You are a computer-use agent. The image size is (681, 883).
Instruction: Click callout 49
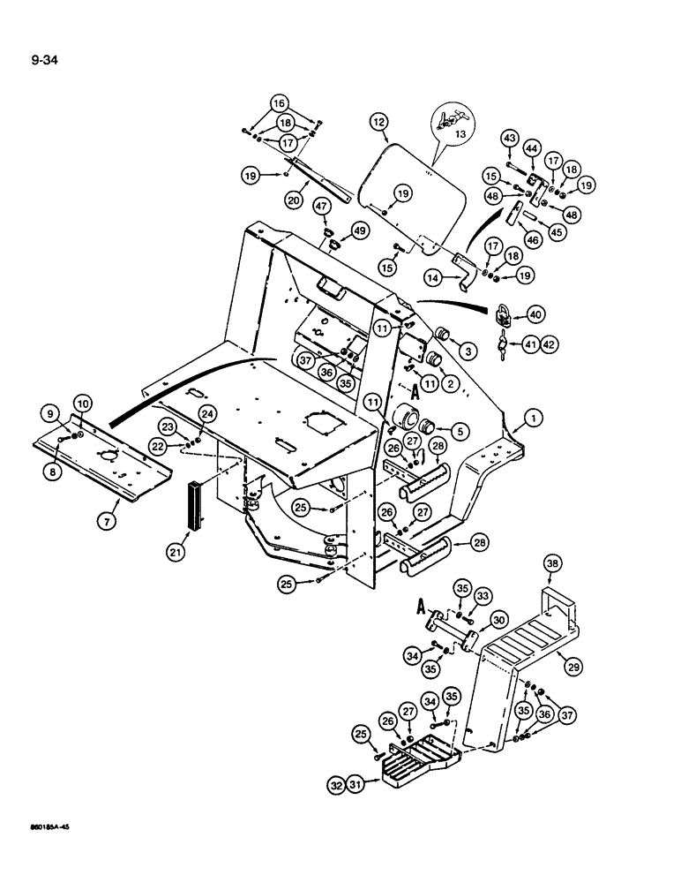pyautogui.click(x=360, y=230)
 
